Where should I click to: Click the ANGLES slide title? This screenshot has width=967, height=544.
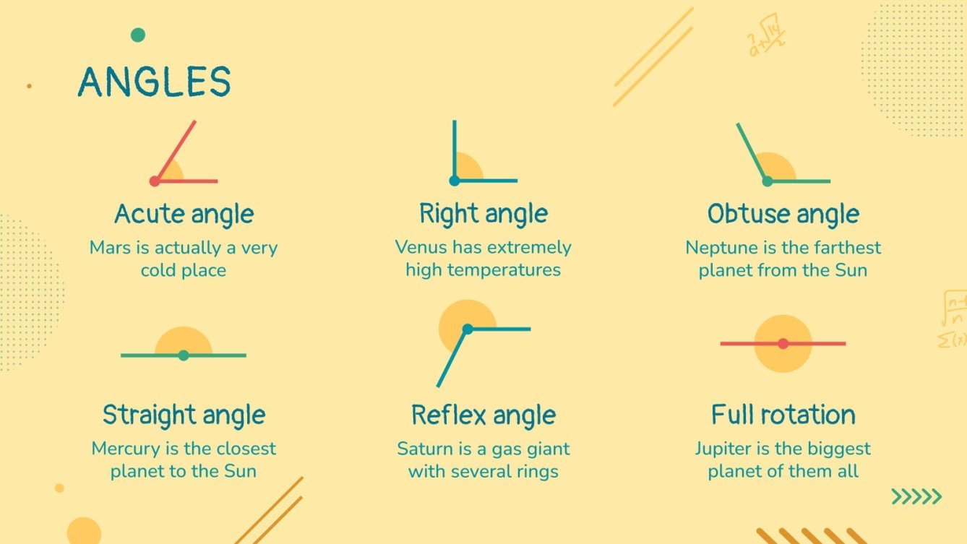(154, 82)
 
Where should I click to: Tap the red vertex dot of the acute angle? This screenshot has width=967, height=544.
(155, 181)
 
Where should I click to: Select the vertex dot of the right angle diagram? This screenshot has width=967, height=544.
(454, 181)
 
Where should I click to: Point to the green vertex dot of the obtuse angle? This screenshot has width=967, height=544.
(768, 181)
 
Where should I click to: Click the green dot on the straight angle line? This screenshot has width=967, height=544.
(184, 355)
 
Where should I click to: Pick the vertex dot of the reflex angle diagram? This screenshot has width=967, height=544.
(468, 329)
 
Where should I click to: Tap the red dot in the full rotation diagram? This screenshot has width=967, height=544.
(783, 344)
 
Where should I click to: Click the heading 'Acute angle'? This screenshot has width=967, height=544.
(184, 215)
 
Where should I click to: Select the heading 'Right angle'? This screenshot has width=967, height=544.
(483, 215)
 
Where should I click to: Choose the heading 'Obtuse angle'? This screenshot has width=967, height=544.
(783, 215)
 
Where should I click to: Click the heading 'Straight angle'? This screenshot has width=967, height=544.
(184, 415)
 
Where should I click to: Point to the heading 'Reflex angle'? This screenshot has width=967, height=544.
(483, 415)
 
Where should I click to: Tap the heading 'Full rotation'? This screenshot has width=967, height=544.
(783, 415)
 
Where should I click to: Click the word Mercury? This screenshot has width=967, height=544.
(124, 449)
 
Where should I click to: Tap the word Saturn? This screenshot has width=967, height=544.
(424, 449)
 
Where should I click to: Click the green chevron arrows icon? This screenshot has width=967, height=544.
(916, 496)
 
